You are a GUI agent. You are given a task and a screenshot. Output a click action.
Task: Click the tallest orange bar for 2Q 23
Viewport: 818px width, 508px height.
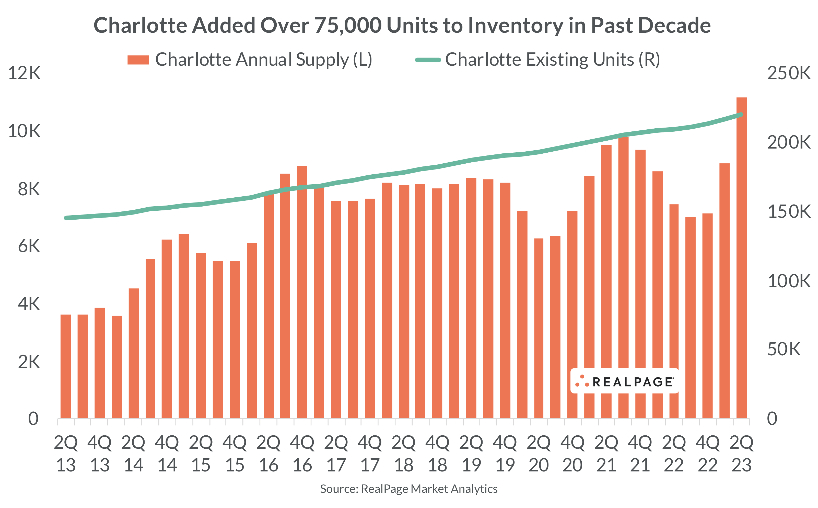[x=741, y=259]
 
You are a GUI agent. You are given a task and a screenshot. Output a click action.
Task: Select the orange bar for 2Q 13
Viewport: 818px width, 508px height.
[x=66, y=366]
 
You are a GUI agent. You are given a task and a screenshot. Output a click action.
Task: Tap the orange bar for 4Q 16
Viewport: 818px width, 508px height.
[x=302, y=292]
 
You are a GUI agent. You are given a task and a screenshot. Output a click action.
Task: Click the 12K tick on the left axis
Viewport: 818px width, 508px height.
[x=24, y=73]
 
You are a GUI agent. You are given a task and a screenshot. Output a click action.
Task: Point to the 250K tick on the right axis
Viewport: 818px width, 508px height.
[x=788, y=73]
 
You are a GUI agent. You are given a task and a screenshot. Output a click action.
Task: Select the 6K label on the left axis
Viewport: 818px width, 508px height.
[x=29, y=246]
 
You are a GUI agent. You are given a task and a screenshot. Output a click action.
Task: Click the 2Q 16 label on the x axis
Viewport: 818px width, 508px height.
[x=268, y=454]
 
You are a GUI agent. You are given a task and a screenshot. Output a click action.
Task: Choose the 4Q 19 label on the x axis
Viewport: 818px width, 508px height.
[x=505, y=454]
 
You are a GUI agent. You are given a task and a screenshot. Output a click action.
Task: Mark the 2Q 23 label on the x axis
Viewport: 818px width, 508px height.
[x=741, y=454]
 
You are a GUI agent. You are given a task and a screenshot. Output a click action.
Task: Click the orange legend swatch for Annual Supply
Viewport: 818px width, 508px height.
[x=138, y=60]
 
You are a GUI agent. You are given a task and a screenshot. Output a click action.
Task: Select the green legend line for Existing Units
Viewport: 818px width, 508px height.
[x=428, y=60]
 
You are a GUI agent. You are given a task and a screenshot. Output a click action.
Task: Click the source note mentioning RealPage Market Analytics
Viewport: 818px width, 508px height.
[x=408, y=489]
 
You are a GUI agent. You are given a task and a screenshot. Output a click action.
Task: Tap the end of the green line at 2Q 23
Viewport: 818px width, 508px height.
[x=741, y=115]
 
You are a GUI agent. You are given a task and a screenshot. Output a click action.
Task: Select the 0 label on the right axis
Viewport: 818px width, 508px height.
[x=772, y=419]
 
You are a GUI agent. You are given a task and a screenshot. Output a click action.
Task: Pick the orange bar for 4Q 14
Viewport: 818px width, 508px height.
[x=167, y=329]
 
